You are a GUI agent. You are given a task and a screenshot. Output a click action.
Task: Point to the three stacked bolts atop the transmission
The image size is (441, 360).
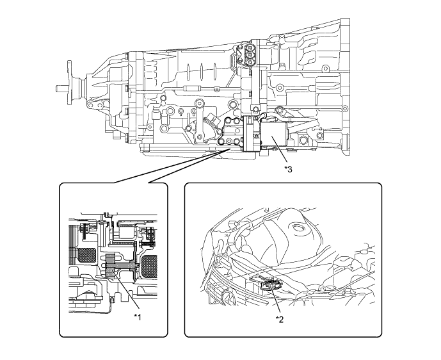click(x=248, y=55)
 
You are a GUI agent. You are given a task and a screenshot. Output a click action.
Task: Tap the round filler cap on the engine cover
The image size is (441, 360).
click(x=297, y=227)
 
